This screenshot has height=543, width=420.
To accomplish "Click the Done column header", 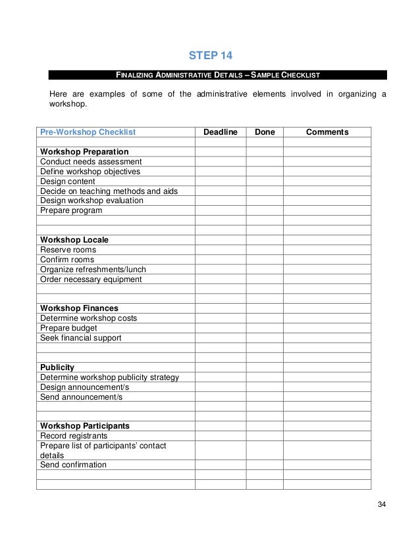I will point(265,132).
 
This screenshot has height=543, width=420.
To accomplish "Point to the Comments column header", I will point(327,132).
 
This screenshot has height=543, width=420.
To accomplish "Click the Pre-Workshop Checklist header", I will point(88,132).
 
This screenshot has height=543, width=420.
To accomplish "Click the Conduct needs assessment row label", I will point(90,162).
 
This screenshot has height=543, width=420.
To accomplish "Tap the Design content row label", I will point(68,181).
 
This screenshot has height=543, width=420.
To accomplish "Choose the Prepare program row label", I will point(71,211).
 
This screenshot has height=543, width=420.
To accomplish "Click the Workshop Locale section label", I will point(74,240).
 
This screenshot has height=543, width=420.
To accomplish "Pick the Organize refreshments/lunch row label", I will point(93,270).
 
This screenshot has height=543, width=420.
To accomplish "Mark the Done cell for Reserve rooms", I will point(265,250).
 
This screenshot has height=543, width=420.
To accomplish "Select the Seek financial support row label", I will point(81,338).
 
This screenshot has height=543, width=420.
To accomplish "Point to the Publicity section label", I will point(57,367).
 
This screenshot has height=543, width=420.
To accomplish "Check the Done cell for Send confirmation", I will point(265,465).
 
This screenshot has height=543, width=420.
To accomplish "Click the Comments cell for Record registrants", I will point(327,435).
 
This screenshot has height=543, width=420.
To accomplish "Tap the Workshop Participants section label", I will point(84,425).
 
